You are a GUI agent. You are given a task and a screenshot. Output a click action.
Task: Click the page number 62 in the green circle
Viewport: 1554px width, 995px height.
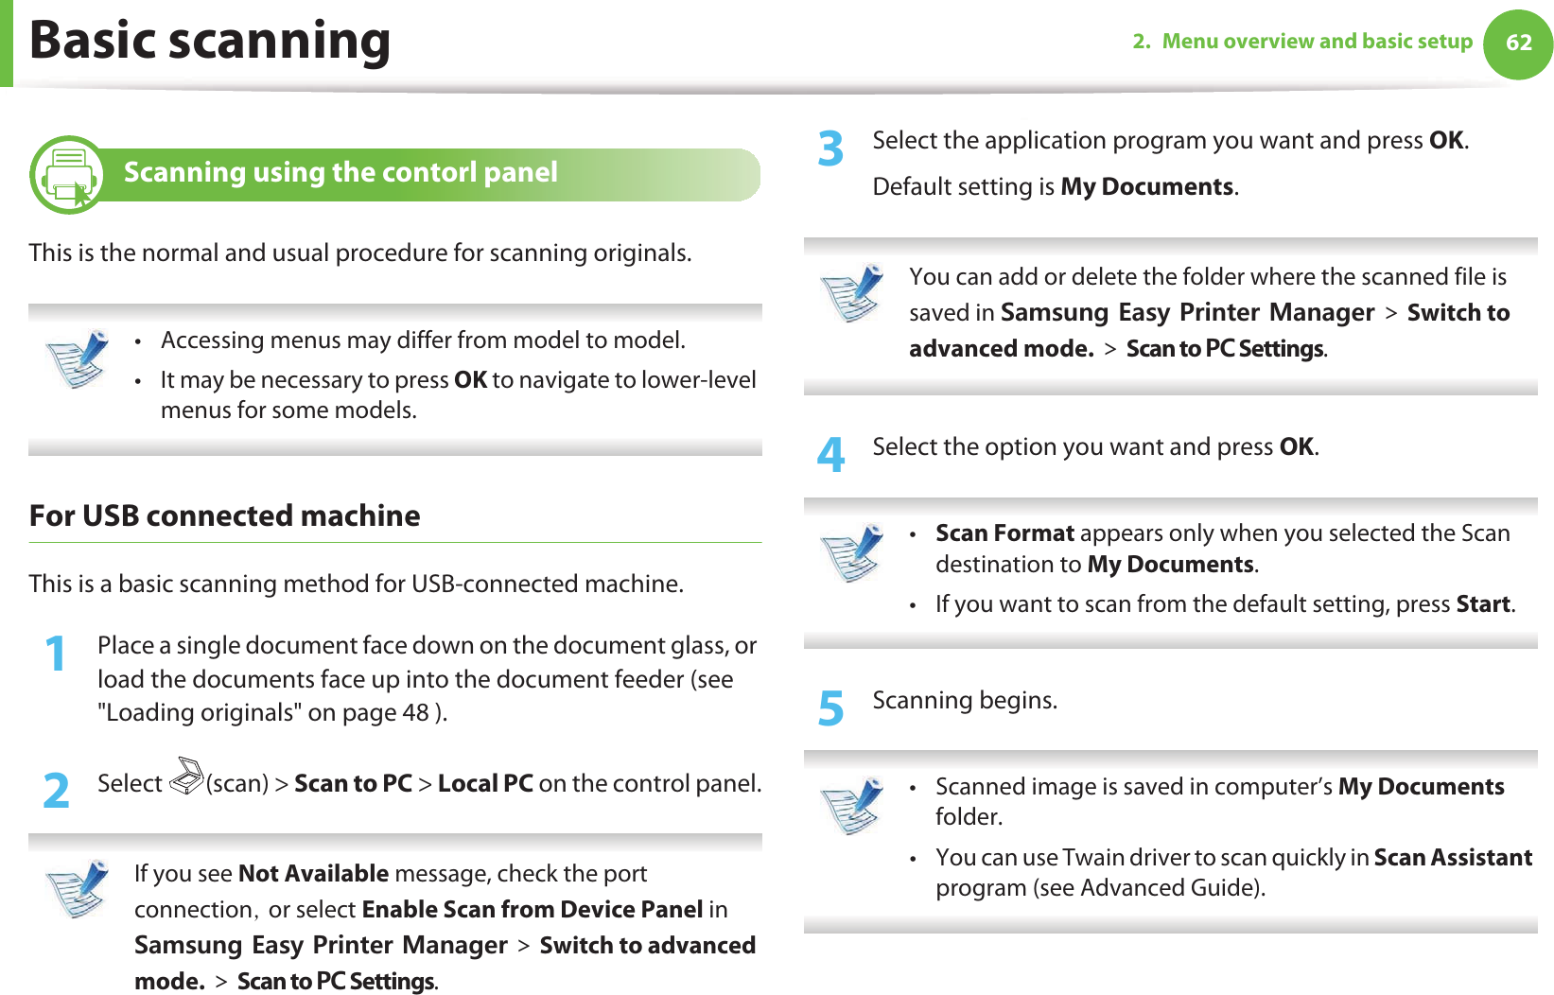pyautogui.click(x=1518, y=43)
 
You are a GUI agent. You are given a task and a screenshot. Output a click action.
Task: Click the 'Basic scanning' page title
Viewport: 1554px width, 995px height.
pyautogui.click(x=210, y=42)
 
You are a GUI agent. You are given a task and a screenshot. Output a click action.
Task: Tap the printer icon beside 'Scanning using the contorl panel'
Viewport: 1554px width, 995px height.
pyautogui.click(x=68, y=175)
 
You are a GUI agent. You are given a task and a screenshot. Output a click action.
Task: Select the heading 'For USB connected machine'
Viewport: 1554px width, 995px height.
pyautogui.click(x=225, y=516)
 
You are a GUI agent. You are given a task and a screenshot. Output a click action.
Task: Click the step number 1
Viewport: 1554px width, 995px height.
pyautogui.click(x=57, y=654)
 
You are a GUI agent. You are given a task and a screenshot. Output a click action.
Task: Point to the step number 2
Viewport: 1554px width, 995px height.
pyautogui.click(x=57, y=791)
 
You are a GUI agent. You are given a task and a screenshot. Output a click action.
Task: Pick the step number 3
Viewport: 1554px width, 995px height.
pyautogui.click(x=830, y=149)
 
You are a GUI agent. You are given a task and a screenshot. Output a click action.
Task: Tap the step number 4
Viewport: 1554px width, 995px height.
pyautogui.click(x=830, y=455)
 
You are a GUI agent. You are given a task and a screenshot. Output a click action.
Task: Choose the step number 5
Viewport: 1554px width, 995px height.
pyautogui.click(x=830, y=708)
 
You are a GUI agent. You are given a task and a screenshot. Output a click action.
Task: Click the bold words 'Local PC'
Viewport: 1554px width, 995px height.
pyautogui.click(x=485, y=784)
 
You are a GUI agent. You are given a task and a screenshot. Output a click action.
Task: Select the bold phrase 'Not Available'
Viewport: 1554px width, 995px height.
pyautogui.click(x=313, y=874)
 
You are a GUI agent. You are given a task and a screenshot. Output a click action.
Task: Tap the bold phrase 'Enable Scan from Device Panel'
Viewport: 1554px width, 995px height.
pyautogui.click(x=532, y=910)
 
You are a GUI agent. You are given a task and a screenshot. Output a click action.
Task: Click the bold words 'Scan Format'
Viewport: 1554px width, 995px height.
pyautogui.click(x=1004, y=533)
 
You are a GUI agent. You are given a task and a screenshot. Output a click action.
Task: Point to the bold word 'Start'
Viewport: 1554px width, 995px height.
pyautogui.click(x=1483, y=604)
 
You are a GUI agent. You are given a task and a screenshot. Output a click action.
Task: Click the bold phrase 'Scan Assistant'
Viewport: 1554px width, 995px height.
pyautogui.click(x=1453, y=858)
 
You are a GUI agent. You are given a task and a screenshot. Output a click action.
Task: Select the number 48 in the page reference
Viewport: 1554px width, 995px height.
pyautogui.click(x=415, y=712)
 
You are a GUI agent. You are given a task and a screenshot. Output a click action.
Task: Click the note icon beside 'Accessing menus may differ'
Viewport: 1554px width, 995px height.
pyautogui.click(x=78, y=358)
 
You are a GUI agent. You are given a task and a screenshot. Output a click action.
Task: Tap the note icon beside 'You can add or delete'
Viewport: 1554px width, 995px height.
pyautogui.click(x=852, y=293)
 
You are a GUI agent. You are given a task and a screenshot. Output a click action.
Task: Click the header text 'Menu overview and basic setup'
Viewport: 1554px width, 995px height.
pyautogui.click(x=1317, y=42)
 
